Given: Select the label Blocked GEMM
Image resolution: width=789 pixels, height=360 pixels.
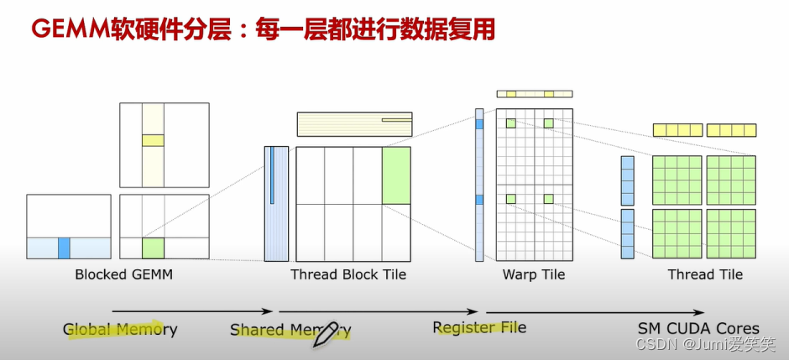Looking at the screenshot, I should click(123, 274).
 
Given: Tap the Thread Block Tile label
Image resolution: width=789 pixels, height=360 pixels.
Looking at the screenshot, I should click(347, 274).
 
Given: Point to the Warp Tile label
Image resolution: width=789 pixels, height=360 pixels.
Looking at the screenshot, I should click(533, 274).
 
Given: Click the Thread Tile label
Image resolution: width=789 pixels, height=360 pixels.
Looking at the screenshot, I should click(705, 274).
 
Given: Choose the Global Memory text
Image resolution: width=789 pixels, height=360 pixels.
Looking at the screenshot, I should click(120, 330).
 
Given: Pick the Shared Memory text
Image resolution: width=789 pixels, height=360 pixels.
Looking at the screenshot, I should click(290, 330).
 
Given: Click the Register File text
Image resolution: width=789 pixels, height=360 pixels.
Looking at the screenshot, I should click(479, 327).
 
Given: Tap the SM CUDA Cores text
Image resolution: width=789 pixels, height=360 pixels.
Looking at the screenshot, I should click(698, 329).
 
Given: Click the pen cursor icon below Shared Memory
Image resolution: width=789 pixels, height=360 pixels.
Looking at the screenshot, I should click(325, 334).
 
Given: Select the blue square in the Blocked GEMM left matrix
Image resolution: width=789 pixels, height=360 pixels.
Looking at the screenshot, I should click(64, 248).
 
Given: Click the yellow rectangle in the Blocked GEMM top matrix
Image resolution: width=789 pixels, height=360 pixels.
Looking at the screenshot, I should click(152, 140).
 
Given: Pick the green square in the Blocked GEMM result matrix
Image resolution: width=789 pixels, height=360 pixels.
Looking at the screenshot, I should click(152, 248).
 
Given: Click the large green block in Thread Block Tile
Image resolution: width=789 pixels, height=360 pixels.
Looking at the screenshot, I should click(396, 175).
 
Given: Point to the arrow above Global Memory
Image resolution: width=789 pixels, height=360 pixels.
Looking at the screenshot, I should click(191, 311).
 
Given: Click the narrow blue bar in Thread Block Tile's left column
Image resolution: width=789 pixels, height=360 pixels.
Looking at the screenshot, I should click(272, 175).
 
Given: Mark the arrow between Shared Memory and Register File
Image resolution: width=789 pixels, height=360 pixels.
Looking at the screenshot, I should click(382, 312).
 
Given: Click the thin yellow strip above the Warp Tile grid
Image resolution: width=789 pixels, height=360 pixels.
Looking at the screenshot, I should click(535, 94).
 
